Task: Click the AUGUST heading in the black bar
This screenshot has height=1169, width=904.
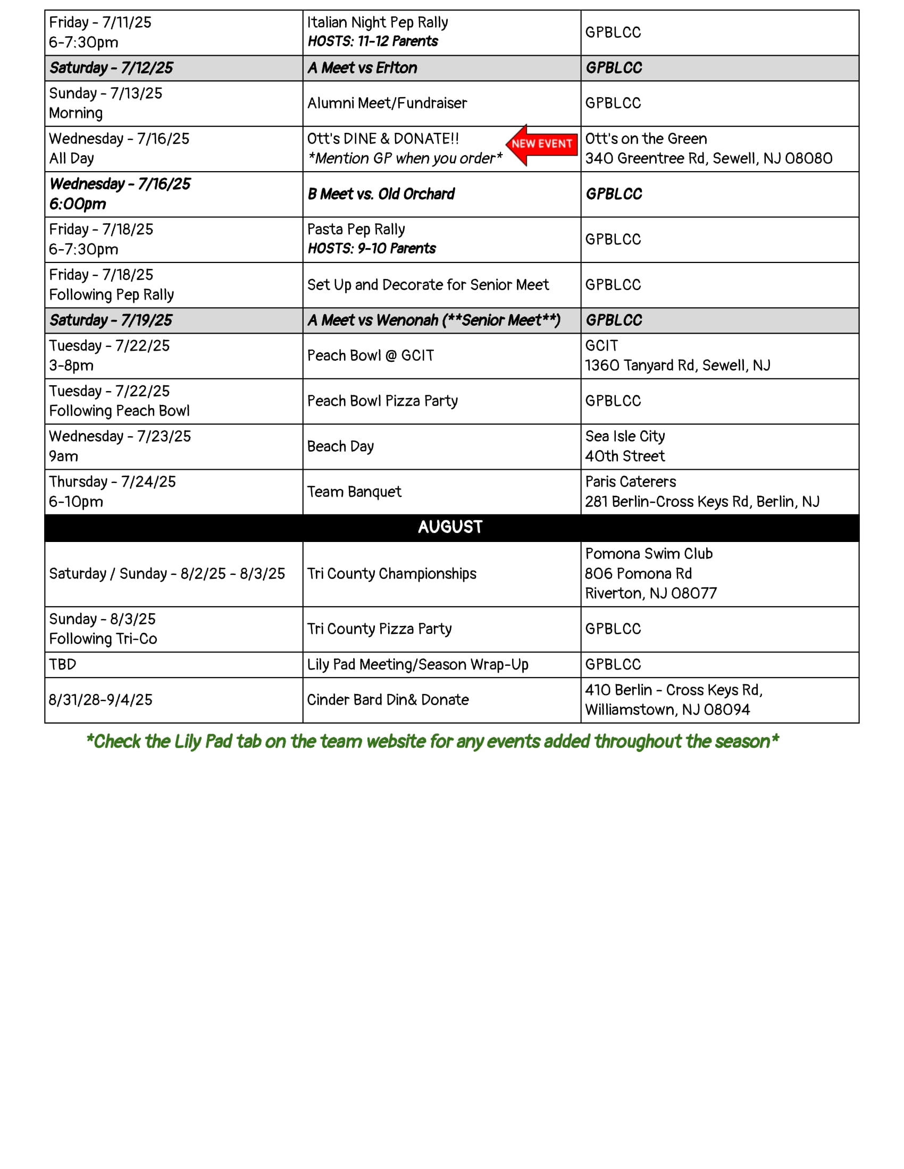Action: pos(450,527)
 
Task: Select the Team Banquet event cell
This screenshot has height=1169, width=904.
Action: pos(354,492)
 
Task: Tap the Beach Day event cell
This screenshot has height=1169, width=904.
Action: pos(340,446)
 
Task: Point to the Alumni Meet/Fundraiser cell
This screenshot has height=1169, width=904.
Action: pos(387,103)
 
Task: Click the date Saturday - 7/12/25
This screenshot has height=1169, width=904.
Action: pos(111,68)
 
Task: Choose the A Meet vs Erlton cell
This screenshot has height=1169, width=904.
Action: pos(362,68)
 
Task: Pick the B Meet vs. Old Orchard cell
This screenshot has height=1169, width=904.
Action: pos(381,194)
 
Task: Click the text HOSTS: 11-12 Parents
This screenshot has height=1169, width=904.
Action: pos(373,42)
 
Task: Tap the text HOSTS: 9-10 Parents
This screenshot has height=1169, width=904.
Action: pos(372,249)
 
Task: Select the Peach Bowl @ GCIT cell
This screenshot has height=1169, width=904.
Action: pos(370,356)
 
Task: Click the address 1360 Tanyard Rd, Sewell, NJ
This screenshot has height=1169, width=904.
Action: pos(677,366)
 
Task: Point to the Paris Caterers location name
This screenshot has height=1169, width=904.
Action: pos(630,482)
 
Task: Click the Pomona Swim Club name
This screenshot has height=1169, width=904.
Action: pos(649,554)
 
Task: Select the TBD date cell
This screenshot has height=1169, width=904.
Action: pos(63,664)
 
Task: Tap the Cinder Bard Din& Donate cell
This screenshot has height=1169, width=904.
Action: pos(388,700)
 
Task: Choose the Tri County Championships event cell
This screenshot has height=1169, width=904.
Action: pos(391,574)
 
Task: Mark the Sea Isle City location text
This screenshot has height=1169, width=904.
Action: pos(625,436)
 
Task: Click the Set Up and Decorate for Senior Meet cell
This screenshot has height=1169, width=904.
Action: pos(428,285)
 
